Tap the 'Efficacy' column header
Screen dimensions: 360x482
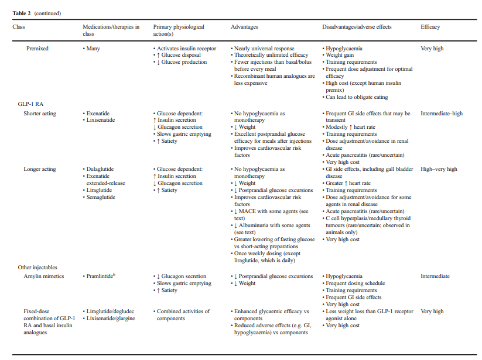[x=430, y=27]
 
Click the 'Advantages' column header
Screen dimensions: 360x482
[x=244, y=27]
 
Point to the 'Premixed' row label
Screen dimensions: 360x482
[x=37, y=49]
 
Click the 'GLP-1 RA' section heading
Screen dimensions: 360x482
[x=30, y=104]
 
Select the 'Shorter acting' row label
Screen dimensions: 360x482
[x=40, y=114]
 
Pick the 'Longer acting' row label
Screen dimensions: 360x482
[x=40, y=169]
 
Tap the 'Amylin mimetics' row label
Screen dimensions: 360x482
[x=43, y=276]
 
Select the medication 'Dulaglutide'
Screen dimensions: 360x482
[x=100, y=169]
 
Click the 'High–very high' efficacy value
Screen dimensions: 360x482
[x=439, y=169]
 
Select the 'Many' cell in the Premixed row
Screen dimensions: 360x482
[x=93, y=49]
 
